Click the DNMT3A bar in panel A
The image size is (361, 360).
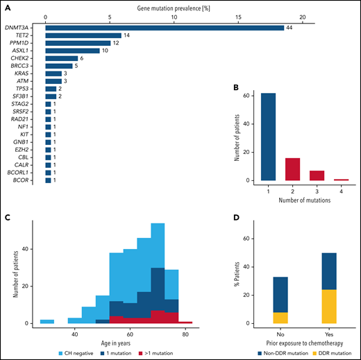click(x=164, y=27)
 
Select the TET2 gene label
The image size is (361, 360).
click(x=29, y=36)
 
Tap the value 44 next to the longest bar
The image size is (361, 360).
click(x=289, y=27)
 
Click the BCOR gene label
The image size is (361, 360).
click(x=29, y=180)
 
